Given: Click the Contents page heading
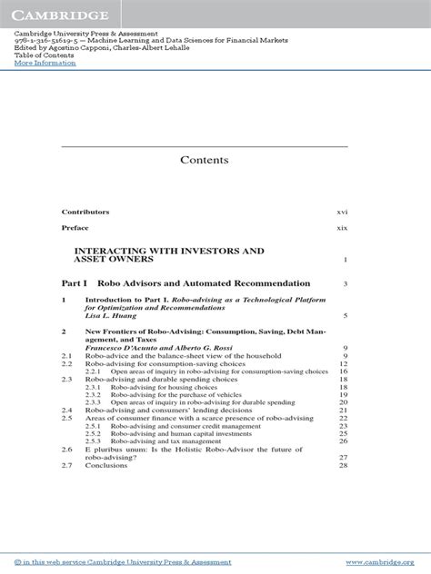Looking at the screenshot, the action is click(x=204, y=160).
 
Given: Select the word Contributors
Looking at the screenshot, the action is click(x=85, y=211).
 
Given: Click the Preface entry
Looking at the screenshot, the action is click(x=75, y=228).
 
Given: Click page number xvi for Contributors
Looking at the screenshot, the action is click(x=342, y=211).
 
